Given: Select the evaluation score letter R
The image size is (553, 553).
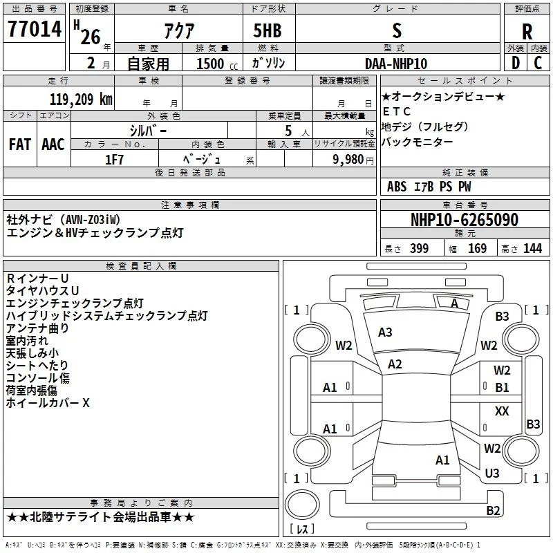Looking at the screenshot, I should (x=527, y=32).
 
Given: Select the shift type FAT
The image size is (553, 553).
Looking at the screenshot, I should (x=20, y=144).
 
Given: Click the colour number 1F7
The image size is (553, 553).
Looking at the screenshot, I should (x=115, y=159).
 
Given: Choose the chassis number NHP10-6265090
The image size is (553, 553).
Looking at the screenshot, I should (x=464, y=220).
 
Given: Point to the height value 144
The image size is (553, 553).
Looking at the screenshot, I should (x=532, y=248).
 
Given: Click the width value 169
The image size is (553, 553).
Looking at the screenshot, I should (x=477, y=248).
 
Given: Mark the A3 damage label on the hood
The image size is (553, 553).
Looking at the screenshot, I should (x=385, y=332).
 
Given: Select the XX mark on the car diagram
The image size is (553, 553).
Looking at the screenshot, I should (x=503, y=411).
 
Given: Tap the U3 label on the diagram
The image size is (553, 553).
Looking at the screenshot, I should (x=492, y=474).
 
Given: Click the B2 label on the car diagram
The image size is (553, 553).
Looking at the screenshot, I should (x=493, y=511).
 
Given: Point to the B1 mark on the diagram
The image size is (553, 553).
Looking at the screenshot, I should (x=503, y=388).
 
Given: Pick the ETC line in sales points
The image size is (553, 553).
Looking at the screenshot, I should (x=397, y=111).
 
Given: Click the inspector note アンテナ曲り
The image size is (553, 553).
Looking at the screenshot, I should (x=37, y=328).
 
